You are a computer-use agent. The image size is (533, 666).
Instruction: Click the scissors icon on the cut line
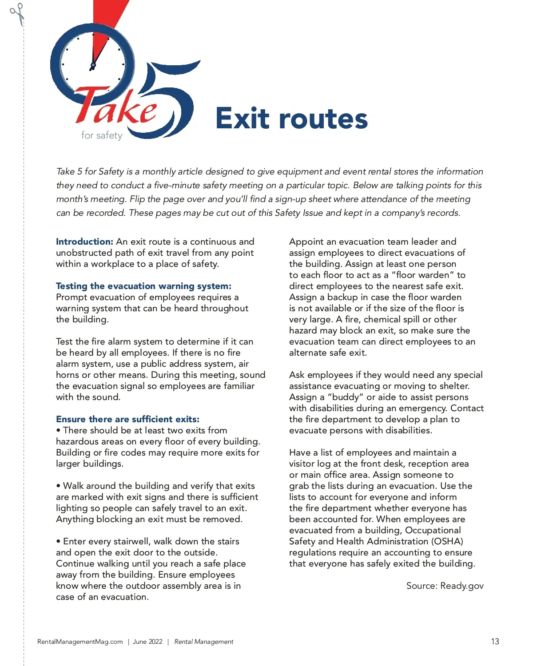point(17,13)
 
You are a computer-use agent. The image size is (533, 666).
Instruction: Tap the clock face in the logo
point(92,62)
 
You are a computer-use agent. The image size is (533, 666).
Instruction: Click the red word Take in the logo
point(116,107)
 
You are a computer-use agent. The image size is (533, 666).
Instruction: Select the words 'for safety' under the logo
point(101,135)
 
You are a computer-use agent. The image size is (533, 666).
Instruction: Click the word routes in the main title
point(323,119)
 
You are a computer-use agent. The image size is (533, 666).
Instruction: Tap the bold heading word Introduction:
point(84,242)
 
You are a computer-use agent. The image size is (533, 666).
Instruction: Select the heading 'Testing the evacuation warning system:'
point(143,286)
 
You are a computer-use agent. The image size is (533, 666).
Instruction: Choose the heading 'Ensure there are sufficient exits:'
point(127,419)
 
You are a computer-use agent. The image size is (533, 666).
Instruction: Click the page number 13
point(495,642)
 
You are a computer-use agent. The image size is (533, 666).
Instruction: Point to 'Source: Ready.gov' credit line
point(445,586)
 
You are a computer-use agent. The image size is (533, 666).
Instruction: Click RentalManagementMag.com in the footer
point(80,642)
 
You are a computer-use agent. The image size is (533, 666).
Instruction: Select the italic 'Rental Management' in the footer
point(203,642)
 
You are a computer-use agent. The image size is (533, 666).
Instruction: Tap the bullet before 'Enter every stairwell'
point(58,542)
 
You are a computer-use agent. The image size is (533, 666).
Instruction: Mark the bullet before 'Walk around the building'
point(58,486)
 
